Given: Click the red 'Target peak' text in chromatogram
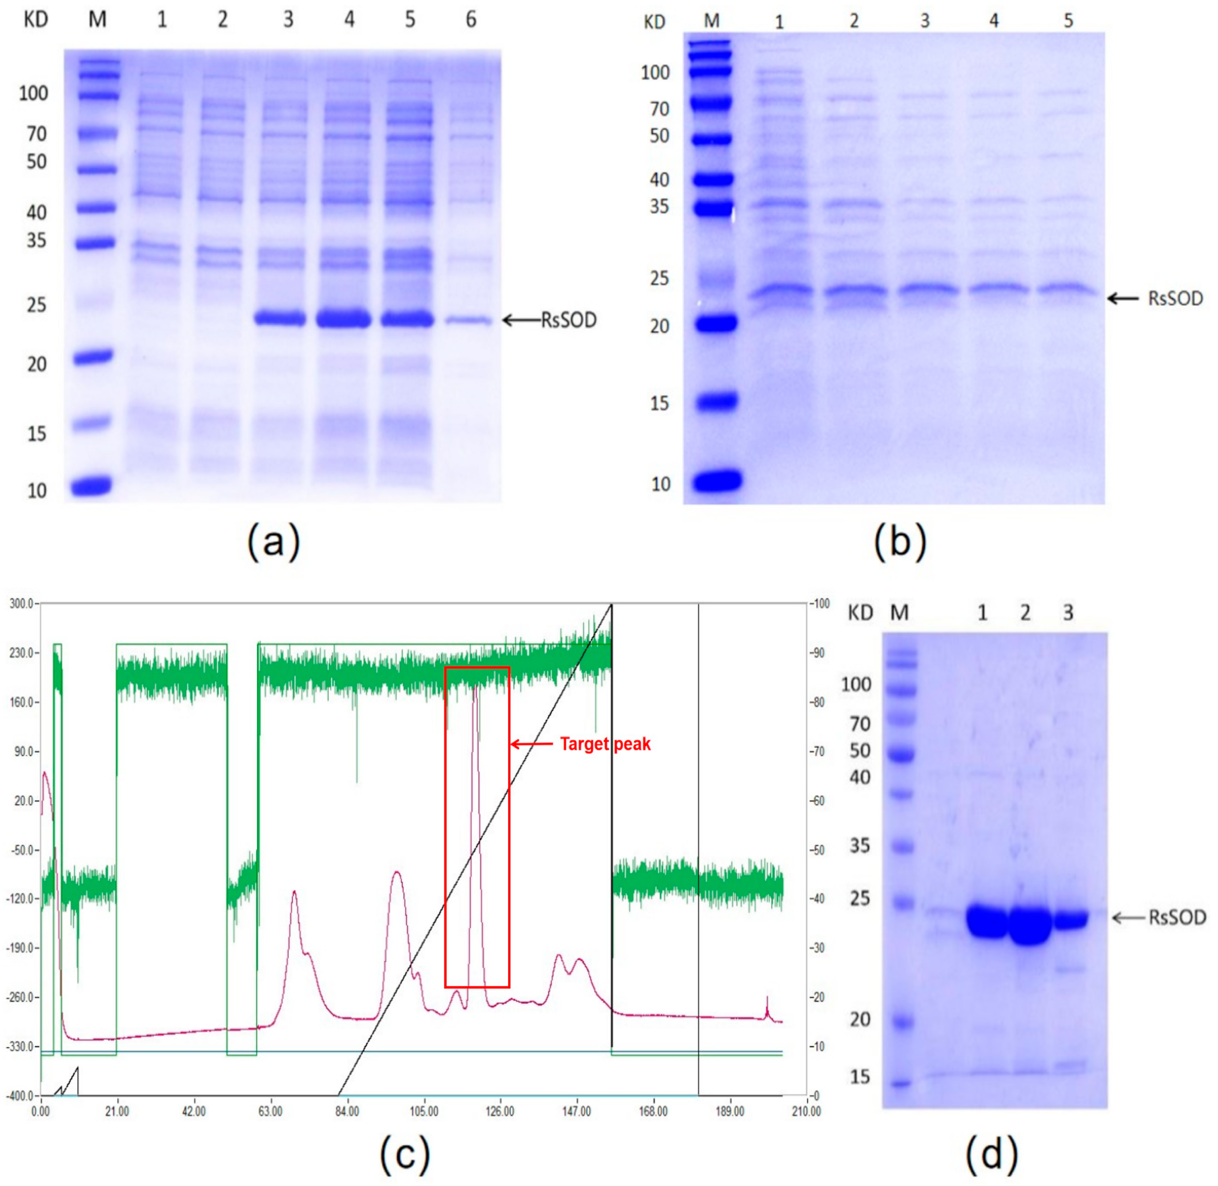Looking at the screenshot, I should click(x=605, y=744).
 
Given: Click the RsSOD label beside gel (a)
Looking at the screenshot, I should click(x=569, y=320).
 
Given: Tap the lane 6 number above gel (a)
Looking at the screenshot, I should click(x=471, y=20).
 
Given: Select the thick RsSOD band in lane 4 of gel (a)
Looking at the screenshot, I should click(x=344, y=319).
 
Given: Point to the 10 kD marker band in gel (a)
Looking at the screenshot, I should click(x=91, y=485).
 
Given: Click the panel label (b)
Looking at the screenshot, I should click(x=900, y=541).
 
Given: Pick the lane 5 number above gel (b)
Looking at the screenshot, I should click(x=1068, y=21).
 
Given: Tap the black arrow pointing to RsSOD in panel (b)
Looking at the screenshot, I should click(x=1123, y=299).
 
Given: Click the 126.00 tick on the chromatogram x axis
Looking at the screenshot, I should click(x=500, y=1111).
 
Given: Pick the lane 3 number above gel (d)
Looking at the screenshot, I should click(x=1068, y=614).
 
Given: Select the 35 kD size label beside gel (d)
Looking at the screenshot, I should click(x=859, y=846).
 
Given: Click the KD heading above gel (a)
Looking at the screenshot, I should click(x=36, y=20).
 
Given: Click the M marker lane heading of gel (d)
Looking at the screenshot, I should click(x=899, y=614).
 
